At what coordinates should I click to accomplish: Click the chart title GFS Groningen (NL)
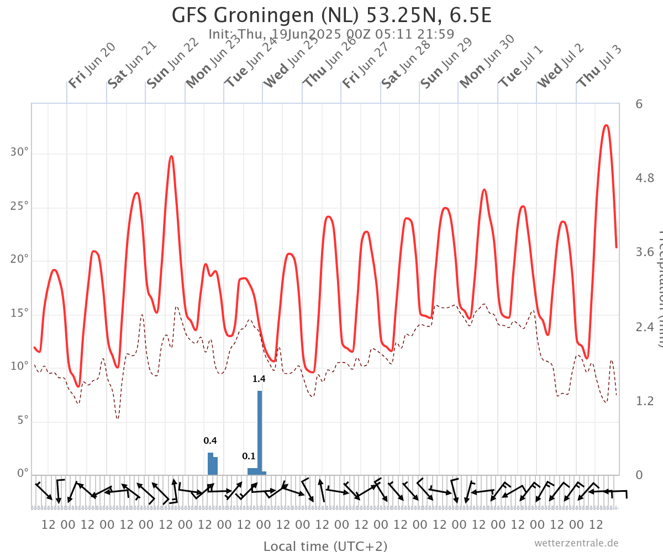click(331, 15)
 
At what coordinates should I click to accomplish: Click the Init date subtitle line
click(331, 34)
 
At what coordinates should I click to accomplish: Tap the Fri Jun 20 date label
click(92, 65)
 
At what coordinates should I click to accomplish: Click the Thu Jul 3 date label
click(599, 65)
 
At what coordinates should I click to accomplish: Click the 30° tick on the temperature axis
click(20, 152)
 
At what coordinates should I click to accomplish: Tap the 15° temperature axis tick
click(20, 313)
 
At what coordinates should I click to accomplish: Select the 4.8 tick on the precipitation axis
click(645, 178)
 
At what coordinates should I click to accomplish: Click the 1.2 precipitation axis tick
click(645, 401)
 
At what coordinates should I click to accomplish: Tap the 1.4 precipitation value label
click(259, 379)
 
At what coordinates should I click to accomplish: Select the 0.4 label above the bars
click(210, 441)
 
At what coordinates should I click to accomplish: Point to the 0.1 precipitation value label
click(249, 457)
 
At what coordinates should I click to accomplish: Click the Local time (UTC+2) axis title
click(325, 546)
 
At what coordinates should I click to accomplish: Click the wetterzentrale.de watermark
click(576, 543)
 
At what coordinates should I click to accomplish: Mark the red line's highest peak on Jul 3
click(606, 125)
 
